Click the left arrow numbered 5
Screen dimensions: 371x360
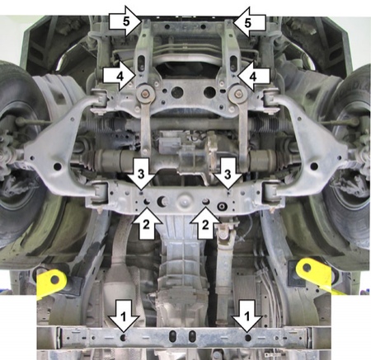pos(125,21)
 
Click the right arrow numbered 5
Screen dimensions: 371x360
pos(249,22)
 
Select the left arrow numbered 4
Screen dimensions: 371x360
pos(120,76)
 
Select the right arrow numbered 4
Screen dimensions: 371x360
pos(254,76)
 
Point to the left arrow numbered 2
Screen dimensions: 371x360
pos(147,222)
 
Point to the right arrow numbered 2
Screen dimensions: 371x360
pos(205,222)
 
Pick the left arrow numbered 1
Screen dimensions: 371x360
pos(124,316)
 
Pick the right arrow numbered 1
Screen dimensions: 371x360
pos(247,316)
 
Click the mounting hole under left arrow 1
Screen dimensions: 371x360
pos(124,337)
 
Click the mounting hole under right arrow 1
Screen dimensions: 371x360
pos(247,337)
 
